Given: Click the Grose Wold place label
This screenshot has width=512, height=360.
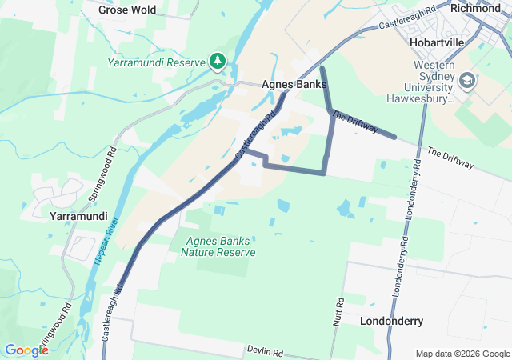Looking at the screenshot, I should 127,10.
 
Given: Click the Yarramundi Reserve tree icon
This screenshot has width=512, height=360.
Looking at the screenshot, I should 217,61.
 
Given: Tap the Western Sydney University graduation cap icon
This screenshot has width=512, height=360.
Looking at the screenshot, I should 467,81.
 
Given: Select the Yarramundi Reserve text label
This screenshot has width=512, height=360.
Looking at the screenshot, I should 156,61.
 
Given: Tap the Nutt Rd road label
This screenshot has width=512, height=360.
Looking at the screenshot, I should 339,310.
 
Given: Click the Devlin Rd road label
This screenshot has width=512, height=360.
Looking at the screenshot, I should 265,352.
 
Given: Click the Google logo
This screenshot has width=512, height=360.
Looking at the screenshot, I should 26,350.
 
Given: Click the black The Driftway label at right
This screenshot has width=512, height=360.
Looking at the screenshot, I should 450,158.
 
